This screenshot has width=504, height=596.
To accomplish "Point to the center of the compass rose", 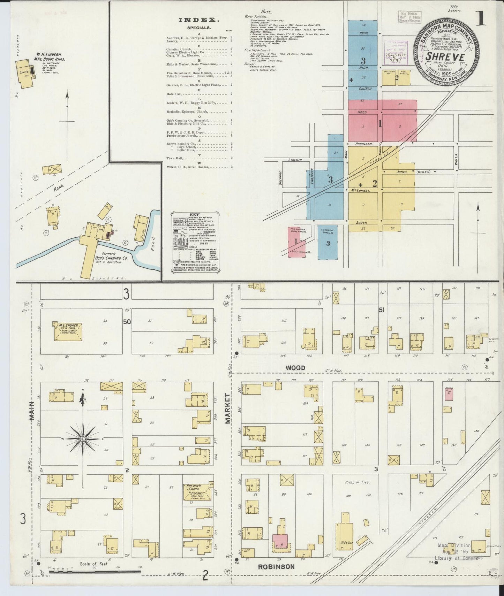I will click(x=83, y=440).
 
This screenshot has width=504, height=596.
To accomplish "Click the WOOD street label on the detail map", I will click(x=295, y=368).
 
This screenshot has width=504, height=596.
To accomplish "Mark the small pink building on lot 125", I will click(x=448, y=393).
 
